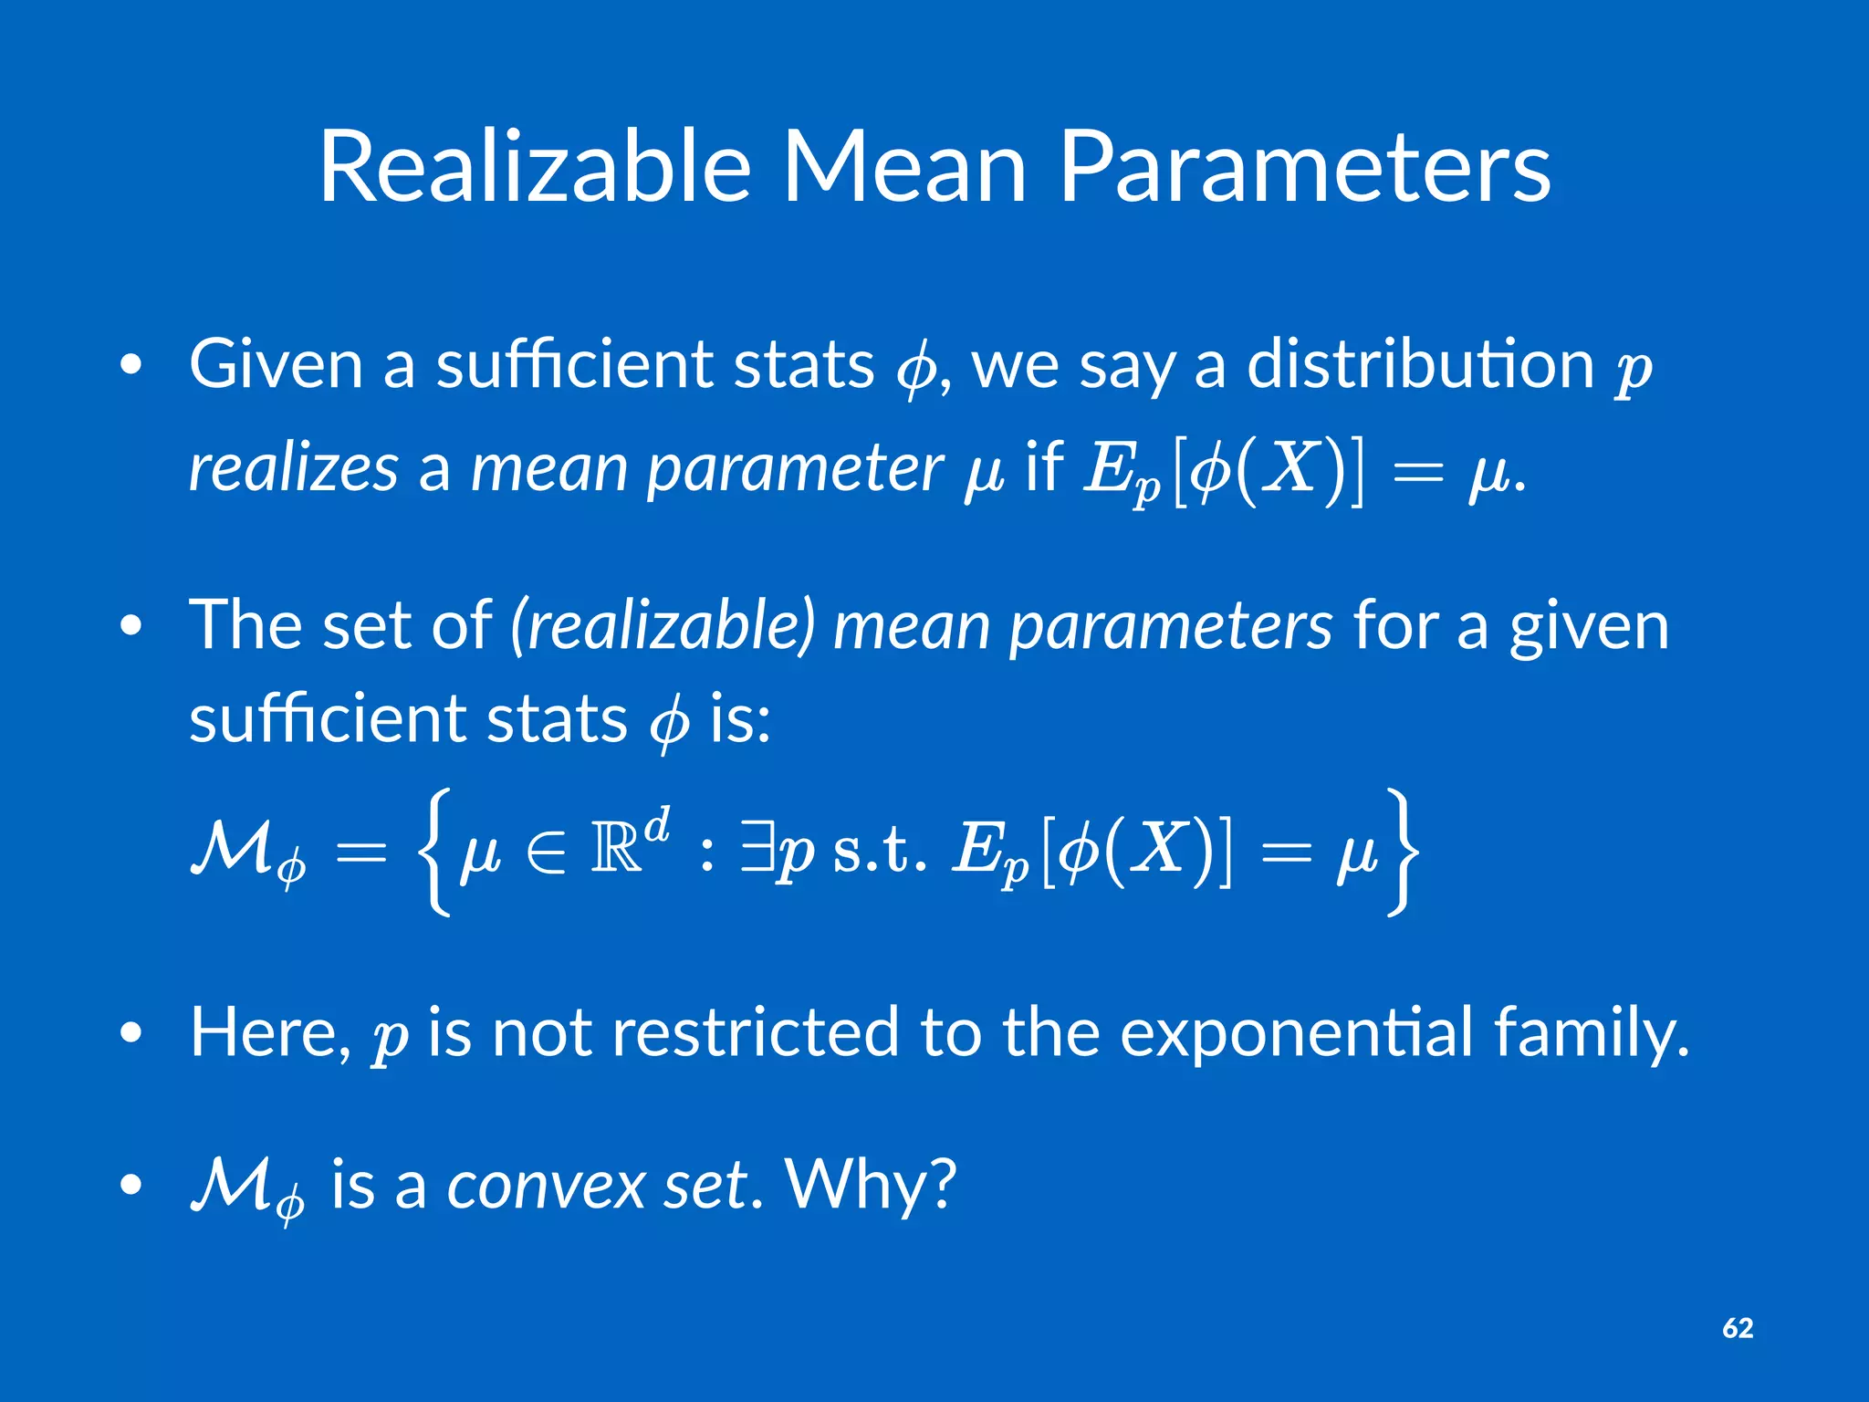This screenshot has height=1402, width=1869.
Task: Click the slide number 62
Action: pyautogui.click(x=1738, y=1328)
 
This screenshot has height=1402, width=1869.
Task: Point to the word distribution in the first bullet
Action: pyautogui.click(x=1420, y=364)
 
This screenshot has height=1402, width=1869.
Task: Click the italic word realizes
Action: pyautogui.click(x=293, y=467)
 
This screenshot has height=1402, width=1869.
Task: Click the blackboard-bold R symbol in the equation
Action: pyautogui.click(x=617, y=851)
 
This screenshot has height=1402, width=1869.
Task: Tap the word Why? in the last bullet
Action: pyautogui.click(x=871, y=1185)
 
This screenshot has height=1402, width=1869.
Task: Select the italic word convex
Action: pyautogui.click(x=546, y=1185)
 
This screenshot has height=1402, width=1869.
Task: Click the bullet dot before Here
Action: pyautogui.click(x=131, y=1032)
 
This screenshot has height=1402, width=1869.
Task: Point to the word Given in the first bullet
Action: pyautogui.click(x=277, y=364)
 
